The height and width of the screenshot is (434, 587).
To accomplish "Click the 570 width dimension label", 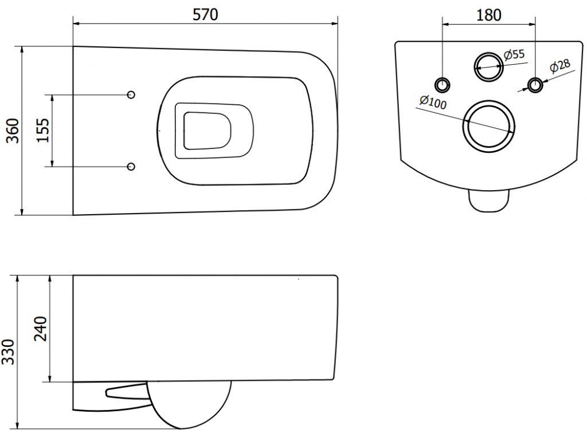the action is (x=205, y=14).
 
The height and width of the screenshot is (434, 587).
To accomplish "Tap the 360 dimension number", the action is (x=14, y=131).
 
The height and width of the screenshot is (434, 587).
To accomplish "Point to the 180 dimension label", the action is (x=489, y=15).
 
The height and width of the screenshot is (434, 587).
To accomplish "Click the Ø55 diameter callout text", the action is (x=514, y=54).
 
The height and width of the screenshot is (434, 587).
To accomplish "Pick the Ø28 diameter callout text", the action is (x=560, y=65).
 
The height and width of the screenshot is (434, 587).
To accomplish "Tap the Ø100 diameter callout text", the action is (x=433, y=102).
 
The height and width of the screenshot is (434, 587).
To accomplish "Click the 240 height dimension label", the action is (x=41, y=329).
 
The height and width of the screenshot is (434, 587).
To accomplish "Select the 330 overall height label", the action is (x=8, y=352).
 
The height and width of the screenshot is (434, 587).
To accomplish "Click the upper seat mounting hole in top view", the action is (x=131, y=94).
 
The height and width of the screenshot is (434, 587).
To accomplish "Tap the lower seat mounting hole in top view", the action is (x=131, y=167).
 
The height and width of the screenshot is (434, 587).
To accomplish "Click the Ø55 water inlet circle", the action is (x=489, y=66).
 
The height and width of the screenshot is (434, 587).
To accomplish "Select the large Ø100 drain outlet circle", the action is (x=489, y=126).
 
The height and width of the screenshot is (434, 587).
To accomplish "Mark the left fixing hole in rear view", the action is (x=443, y=85).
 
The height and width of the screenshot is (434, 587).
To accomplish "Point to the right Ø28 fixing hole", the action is (x=535, y=85).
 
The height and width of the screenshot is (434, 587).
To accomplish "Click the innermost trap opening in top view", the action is (x=207, y=131).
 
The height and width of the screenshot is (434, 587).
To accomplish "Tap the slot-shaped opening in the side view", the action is (x=127, y=391).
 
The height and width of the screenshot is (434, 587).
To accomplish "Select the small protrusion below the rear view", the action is (x=489, y=201).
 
